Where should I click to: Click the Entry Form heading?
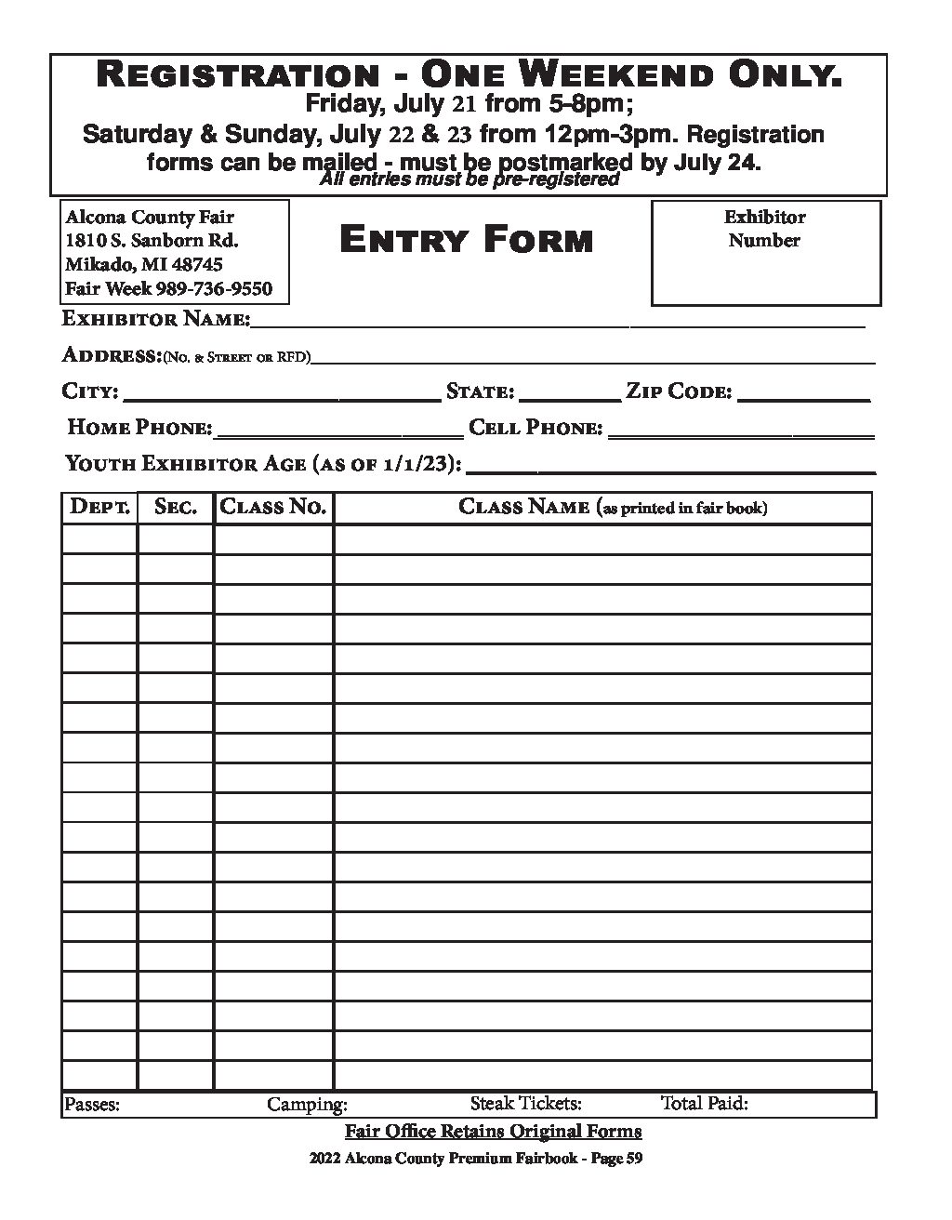[x=466, y=241]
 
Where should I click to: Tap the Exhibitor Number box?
[x=765, y=253]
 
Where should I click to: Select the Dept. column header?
[x=99, y=508]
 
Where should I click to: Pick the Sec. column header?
[x=176, y=508]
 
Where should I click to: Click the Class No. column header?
[x=273, y=508]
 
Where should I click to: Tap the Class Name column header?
[x=613, y=508]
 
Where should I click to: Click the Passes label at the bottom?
[x=91, y=1105]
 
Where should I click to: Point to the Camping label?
[x=307, y=1105]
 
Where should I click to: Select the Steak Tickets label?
[x=526, y=1104]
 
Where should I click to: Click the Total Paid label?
[x=705, y=1104]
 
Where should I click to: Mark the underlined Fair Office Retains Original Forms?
[x=493, y=1132]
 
